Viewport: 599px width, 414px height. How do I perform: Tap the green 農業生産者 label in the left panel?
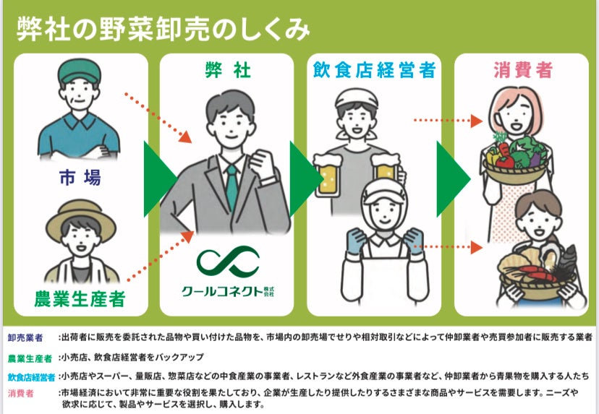click(80, 297)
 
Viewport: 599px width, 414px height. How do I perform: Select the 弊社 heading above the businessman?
click(226, 71)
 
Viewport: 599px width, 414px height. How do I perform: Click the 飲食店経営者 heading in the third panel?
click(373, 71)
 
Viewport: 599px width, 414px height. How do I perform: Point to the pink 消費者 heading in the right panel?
click(523, 70)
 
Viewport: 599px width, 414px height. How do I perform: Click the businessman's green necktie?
click(231, 184)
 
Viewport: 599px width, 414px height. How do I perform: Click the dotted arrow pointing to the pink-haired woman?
click(446, 120)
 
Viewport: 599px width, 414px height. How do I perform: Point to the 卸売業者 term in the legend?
click(25, 337)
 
